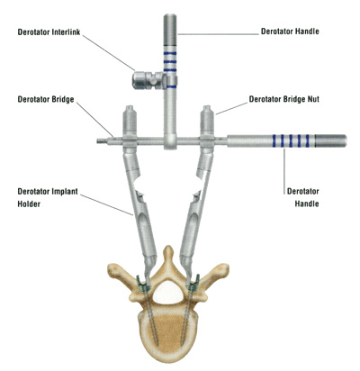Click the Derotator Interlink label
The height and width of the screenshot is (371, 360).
click(x=49, y=32)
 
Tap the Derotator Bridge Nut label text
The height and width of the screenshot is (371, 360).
click(x=283, y=99)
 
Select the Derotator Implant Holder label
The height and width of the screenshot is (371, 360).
click(x=48, y=197)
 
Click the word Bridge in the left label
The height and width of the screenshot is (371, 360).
click(x=62, y=99)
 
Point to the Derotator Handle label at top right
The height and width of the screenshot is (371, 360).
click(x=290, y=32)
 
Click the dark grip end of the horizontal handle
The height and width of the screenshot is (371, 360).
click(x=330, y=140)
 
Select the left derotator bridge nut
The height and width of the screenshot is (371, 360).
click(x=130, y=120)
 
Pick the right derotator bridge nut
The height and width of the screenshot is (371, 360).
click(x=207, y=120)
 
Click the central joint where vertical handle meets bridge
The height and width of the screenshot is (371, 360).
click(x=170, y=141)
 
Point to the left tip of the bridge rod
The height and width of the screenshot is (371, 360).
click(x=97, y=140)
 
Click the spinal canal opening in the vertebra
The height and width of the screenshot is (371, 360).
click(x=167, y=292)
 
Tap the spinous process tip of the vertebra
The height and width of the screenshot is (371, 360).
click(x=169, y=249)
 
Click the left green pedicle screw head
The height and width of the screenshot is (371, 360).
click(x=142, y=284)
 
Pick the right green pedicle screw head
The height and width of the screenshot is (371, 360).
click(x=193, y=284)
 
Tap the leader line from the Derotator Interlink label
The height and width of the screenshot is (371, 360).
click(x=109, y=53)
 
